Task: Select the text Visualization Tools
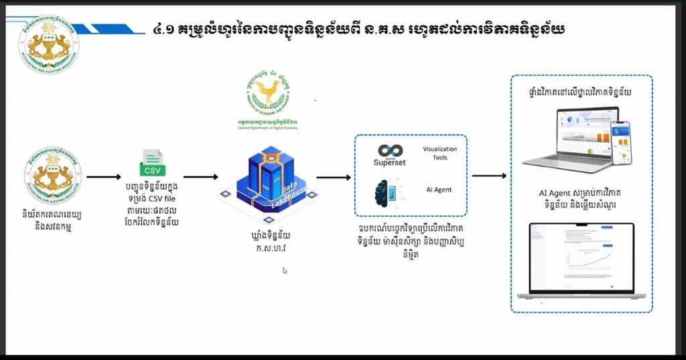(440, 153)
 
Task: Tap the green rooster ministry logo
(269, 93)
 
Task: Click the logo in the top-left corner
(48, 42)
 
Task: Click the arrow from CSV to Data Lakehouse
(200, 178)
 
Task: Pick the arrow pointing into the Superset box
(334, 178)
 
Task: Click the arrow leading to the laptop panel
(489, 176)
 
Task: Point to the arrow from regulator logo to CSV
(104, 178)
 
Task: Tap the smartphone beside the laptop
(621, 142)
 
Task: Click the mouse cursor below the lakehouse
(285, 271)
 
